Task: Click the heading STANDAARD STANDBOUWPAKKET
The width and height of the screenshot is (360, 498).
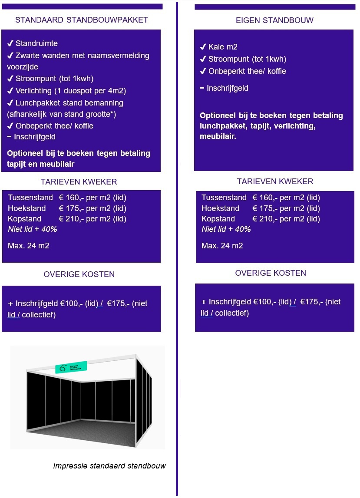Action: pos(82,20)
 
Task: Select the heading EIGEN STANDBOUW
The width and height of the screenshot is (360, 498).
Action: pos(274,20)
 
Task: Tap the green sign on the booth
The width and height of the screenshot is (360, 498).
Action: pos(71,367)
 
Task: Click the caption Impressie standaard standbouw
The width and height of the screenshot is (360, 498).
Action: pos(109,466)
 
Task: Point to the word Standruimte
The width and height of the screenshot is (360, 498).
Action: pos(36,43)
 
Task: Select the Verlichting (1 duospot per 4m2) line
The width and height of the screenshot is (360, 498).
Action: pos(70,91)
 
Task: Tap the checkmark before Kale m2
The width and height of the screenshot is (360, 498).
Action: pos(203,47)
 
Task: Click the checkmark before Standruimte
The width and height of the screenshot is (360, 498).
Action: pos(10,43)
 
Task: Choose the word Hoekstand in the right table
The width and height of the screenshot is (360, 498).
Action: pos(220,208)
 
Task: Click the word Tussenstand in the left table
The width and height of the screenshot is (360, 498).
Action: pos(30,198)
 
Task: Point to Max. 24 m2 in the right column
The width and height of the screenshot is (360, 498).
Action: pos(222,246)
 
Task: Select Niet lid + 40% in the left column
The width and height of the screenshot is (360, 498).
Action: pos(33,229)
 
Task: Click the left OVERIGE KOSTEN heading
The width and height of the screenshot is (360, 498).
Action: pos(79,274)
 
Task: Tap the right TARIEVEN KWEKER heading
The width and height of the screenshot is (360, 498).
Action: pos(275,181)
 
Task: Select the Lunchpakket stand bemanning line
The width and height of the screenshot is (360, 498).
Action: pos(69,103)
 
